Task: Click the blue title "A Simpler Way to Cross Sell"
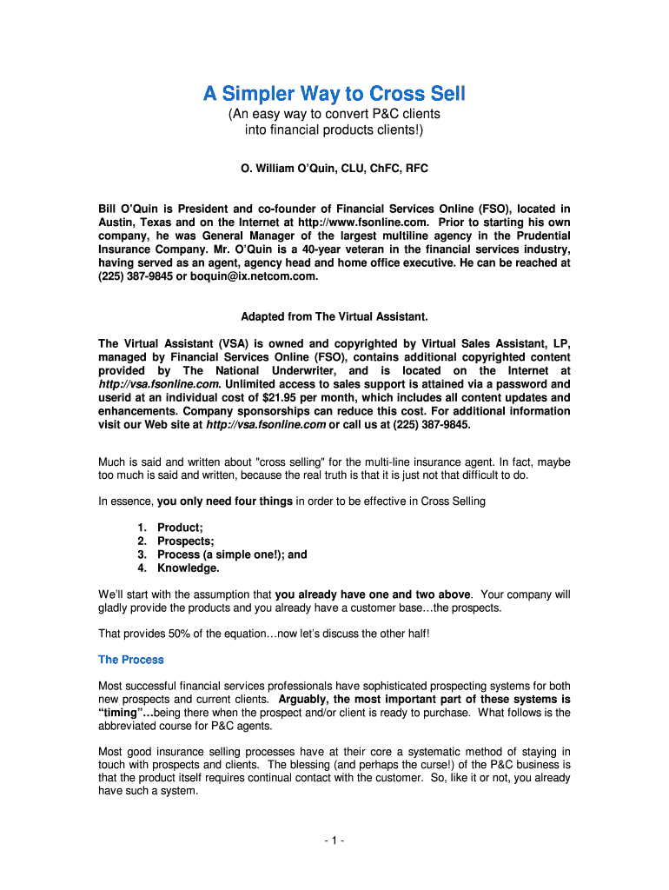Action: pos(334,93)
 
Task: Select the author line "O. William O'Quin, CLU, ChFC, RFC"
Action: pos(334,169)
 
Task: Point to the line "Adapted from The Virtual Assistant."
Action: pos(334,316)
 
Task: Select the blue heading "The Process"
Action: pos(130,660)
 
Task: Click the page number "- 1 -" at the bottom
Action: pos(334,841)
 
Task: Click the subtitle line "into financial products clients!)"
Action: pos(334,130)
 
